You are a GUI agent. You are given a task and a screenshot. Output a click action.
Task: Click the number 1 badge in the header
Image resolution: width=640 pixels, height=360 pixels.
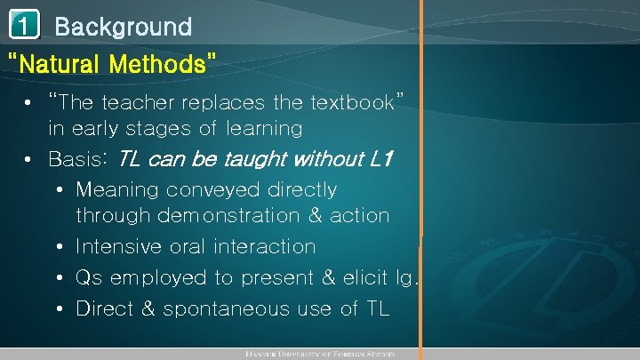(25, 26)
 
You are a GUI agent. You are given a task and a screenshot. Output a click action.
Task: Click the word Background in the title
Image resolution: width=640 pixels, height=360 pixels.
(123, 27)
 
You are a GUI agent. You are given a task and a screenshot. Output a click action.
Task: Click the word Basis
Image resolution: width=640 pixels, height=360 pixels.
(78, 161)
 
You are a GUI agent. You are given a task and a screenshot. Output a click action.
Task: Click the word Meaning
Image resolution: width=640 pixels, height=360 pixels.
(117, 190)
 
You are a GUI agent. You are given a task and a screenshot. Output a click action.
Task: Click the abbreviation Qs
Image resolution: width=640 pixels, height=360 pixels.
(90, 278)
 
